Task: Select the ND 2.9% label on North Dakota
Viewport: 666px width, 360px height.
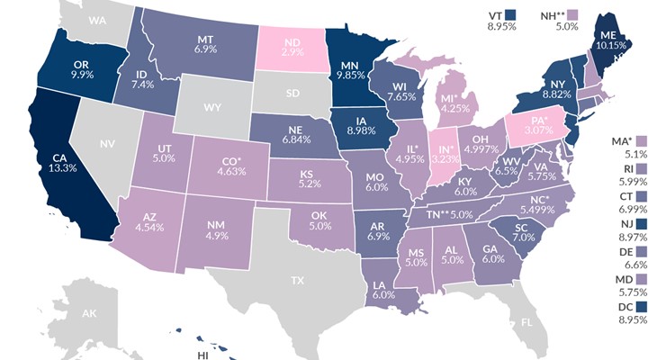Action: coord(292,48)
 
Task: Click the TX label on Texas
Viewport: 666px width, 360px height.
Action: coord(297,281)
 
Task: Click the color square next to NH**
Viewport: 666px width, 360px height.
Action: coord(595,14)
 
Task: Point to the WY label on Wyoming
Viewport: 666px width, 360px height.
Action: coord(212,107)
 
